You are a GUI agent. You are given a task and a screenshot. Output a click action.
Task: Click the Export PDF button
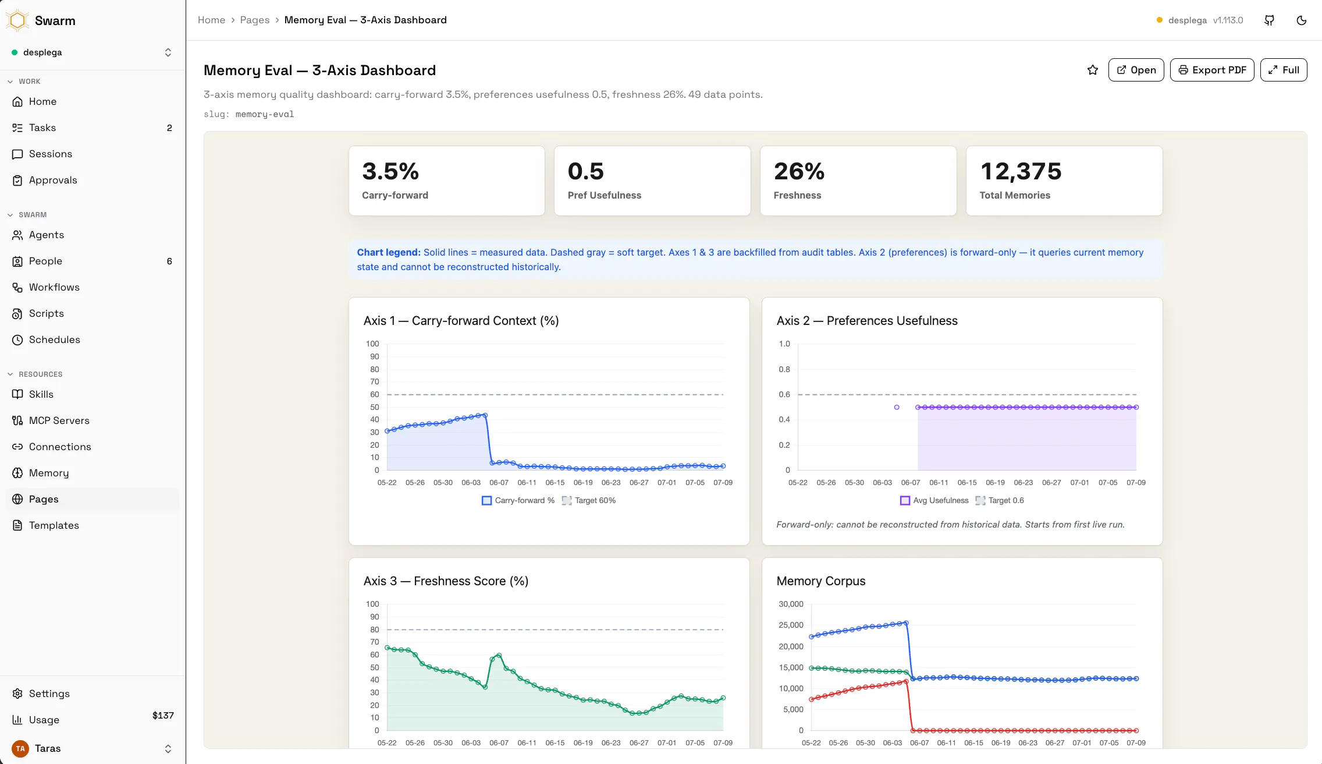point(1212,70)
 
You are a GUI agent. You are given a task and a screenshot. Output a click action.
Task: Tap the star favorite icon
point(1093,70)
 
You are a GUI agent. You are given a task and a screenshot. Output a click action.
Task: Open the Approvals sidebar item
point(53,180)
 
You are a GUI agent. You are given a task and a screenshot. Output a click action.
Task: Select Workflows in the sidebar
point(54,287)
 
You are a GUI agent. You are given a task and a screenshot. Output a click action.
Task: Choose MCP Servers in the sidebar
point(59,420)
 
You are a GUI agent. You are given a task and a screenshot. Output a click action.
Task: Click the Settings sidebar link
point(49,694)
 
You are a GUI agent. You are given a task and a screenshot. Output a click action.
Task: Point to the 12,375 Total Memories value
point(1021,171)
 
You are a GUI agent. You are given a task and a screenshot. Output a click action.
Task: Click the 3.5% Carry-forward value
point(390,171)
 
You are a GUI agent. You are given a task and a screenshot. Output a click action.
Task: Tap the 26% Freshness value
point(799,171)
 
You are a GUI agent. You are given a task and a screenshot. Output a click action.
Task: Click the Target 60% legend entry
point(589,500)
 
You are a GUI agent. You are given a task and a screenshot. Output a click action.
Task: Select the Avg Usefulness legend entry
point(934,500)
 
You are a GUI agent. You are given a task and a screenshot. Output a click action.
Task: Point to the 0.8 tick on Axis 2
point(784,369)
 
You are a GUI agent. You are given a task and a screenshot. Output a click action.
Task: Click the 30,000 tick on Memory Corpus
point(791,604)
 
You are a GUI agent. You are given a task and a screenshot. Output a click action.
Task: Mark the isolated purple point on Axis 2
point(897,407)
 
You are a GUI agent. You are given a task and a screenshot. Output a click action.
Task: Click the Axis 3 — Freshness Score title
point(446,581)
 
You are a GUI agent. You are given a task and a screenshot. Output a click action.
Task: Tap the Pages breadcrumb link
point(255,20)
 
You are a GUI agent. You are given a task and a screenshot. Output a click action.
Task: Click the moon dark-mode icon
point(1302,20)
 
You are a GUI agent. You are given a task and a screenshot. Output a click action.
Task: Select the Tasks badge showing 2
point(169,128)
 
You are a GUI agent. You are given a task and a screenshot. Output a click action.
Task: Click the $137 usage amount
point(163,715)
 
